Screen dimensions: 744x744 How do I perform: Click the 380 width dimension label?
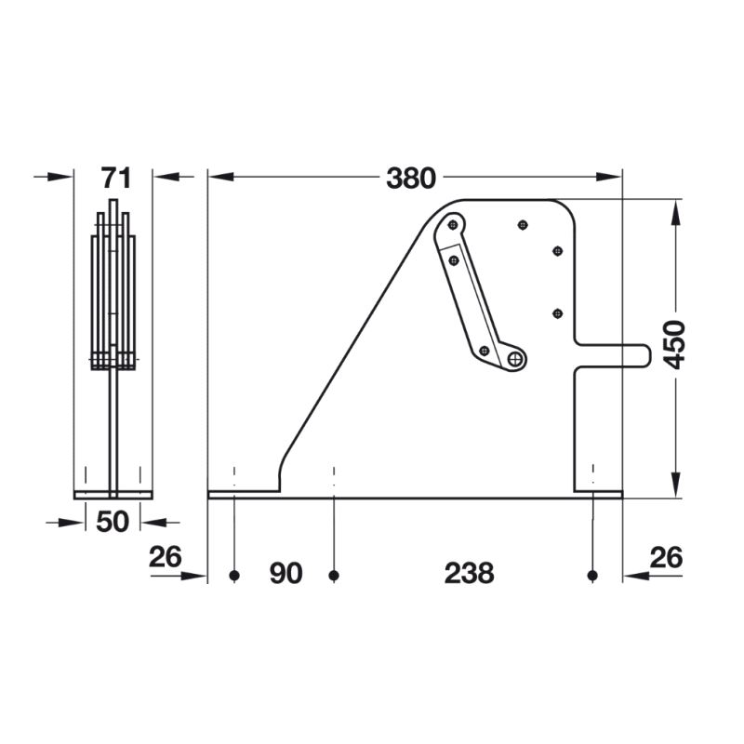point(411,179)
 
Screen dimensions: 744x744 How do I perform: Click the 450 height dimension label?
point(674,345)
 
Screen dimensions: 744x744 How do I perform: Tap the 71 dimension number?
point(115,179)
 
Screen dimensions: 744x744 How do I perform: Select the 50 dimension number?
point(113,522)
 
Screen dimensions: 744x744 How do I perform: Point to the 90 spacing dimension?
point(286,573)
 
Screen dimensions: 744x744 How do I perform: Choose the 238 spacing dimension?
point(470,573)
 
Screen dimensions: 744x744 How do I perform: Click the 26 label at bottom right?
point(666,557)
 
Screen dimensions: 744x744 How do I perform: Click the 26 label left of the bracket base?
point(166,556)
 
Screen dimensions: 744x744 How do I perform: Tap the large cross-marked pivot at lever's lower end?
point(515,359)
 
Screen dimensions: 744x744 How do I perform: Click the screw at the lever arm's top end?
point(453,224)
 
